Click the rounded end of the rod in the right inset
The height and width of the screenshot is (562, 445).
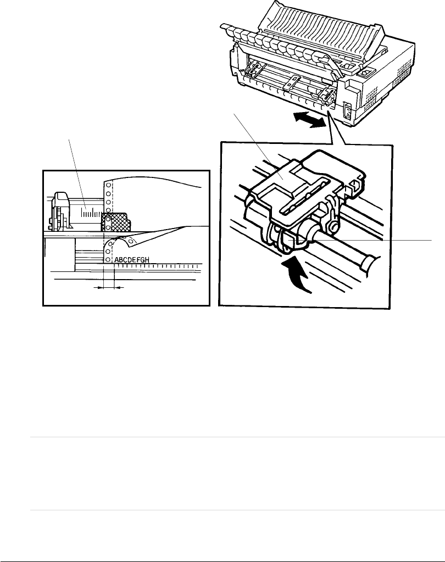[369, 263]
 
